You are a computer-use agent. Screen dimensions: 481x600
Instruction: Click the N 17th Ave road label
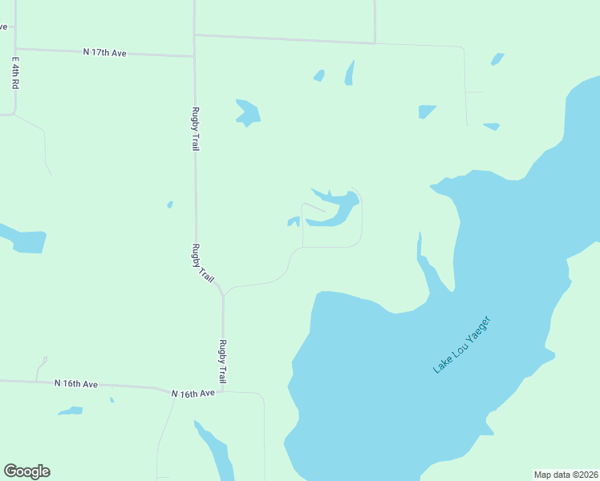(x=105, y=52)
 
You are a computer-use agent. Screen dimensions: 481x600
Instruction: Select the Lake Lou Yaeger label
(x=461, y=345)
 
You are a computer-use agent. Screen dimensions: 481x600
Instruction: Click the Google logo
(x=26, y=471)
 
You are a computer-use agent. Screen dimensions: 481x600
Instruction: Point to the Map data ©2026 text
(x=566, y=475)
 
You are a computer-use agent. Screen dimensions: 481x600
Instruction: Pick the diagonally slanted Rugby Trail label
(x=204, y=264)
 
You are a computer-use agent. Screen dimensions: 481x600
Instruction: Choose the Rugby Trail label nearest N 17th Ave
(x=195, y=129)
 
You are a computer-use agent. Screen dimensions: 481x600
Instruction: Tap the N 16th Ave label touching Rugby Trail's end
(x=193, y=394)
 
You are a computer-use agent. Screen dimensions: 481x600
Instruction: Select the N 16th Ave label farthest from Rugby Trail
(x=76, y=384)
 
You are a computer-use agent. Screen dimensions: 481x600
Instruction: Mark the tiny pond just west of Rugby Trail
(x=170, y=204)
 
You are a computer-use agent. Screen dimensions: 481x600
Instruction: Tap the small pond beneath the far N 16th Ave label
(x=71, y=411)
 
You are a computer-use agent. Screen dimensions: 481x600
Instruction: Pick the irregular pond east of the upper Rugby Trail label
(x=248, y=112)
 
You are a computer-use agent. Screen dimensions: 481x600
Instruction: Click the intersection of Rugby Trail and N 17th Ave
(x=194, y=55)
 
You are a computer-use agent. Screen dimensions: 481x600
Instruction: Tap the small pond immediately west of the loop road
(x=294, y=221)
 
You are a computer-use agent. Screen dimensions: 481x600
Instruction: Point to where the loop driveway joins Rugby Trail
(x=224, y=293)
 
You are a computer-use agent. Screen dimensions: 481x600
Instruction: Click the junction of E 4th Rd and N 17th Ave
(x=15, y=49)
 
